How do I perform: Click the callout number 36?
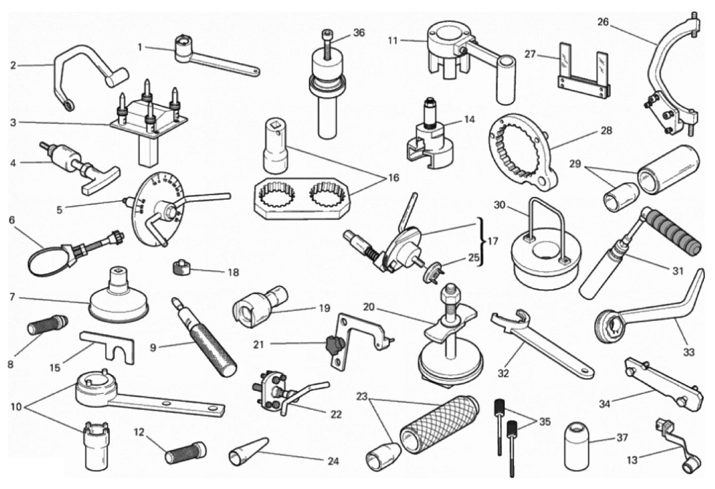click(x=359, y=32)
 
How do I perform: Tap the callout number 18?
click(x=233, y=272)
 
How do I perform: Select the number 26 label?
click(x=603, y=22)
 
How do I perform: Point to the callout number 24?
click(x=333, y=461)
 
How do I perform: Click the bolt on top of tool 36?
click(x=328, y=45)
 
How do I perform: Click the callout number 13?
click(x=632, y=460)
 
